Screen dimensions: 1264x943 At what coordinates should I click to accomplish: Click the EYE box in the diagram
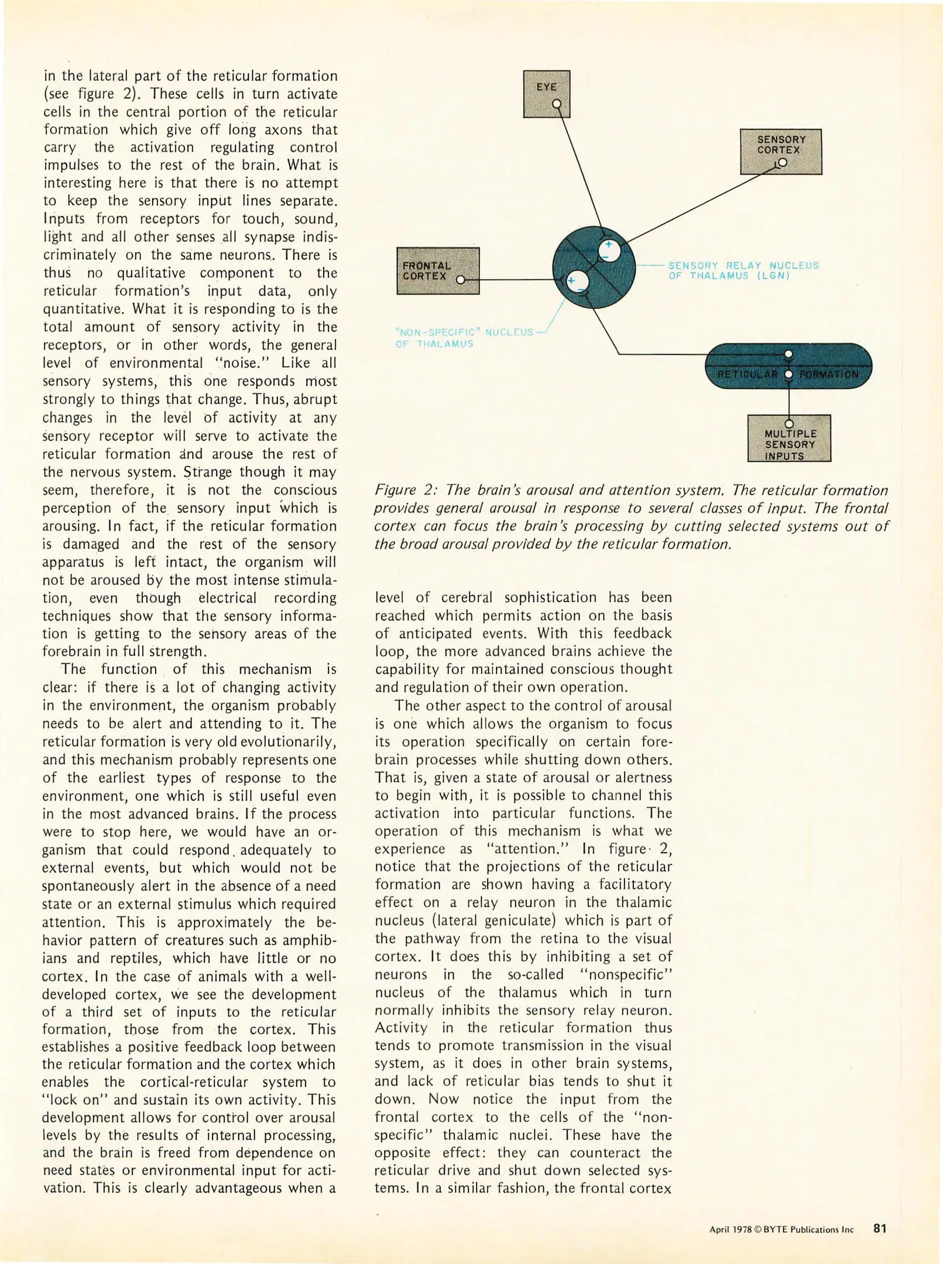[546, 94]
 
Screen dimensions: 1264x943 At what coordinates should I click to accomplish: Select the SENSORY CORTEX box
[780, 152]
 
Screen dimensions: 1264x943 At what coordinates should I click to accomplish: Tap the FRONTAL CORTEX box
[438, 270]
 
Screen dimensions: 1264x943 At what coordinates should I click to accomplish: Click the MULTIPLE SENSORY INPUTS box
[789, 439]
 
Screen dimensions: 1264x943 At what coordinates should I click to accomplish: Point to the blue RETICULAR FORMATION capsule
[788, 366]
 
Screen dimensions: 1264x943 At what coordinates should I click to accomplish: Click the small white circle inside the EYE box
[557, 105]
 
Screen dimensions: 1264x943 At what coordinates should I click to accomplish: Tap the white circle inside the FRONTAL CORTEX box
[460, 280]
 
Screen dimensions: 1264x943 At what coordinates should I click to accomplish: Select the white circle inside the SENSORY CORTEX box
[783, 163]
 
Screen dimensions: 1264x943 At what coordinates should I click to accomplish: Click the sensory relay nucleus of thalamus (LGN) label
[743, 270]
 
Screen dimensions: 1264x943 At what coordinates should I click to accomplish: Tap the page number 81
[880, 1228]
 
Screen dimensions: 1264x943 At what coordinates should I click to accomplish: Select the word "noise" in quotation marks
[246, 363]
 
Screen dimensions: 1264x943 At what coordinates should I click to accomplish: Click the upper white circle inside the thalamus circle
[609, 251]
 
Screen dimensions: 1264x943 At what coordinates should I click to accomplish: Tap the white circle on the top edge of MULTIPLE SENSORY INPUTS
[788, 423]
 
